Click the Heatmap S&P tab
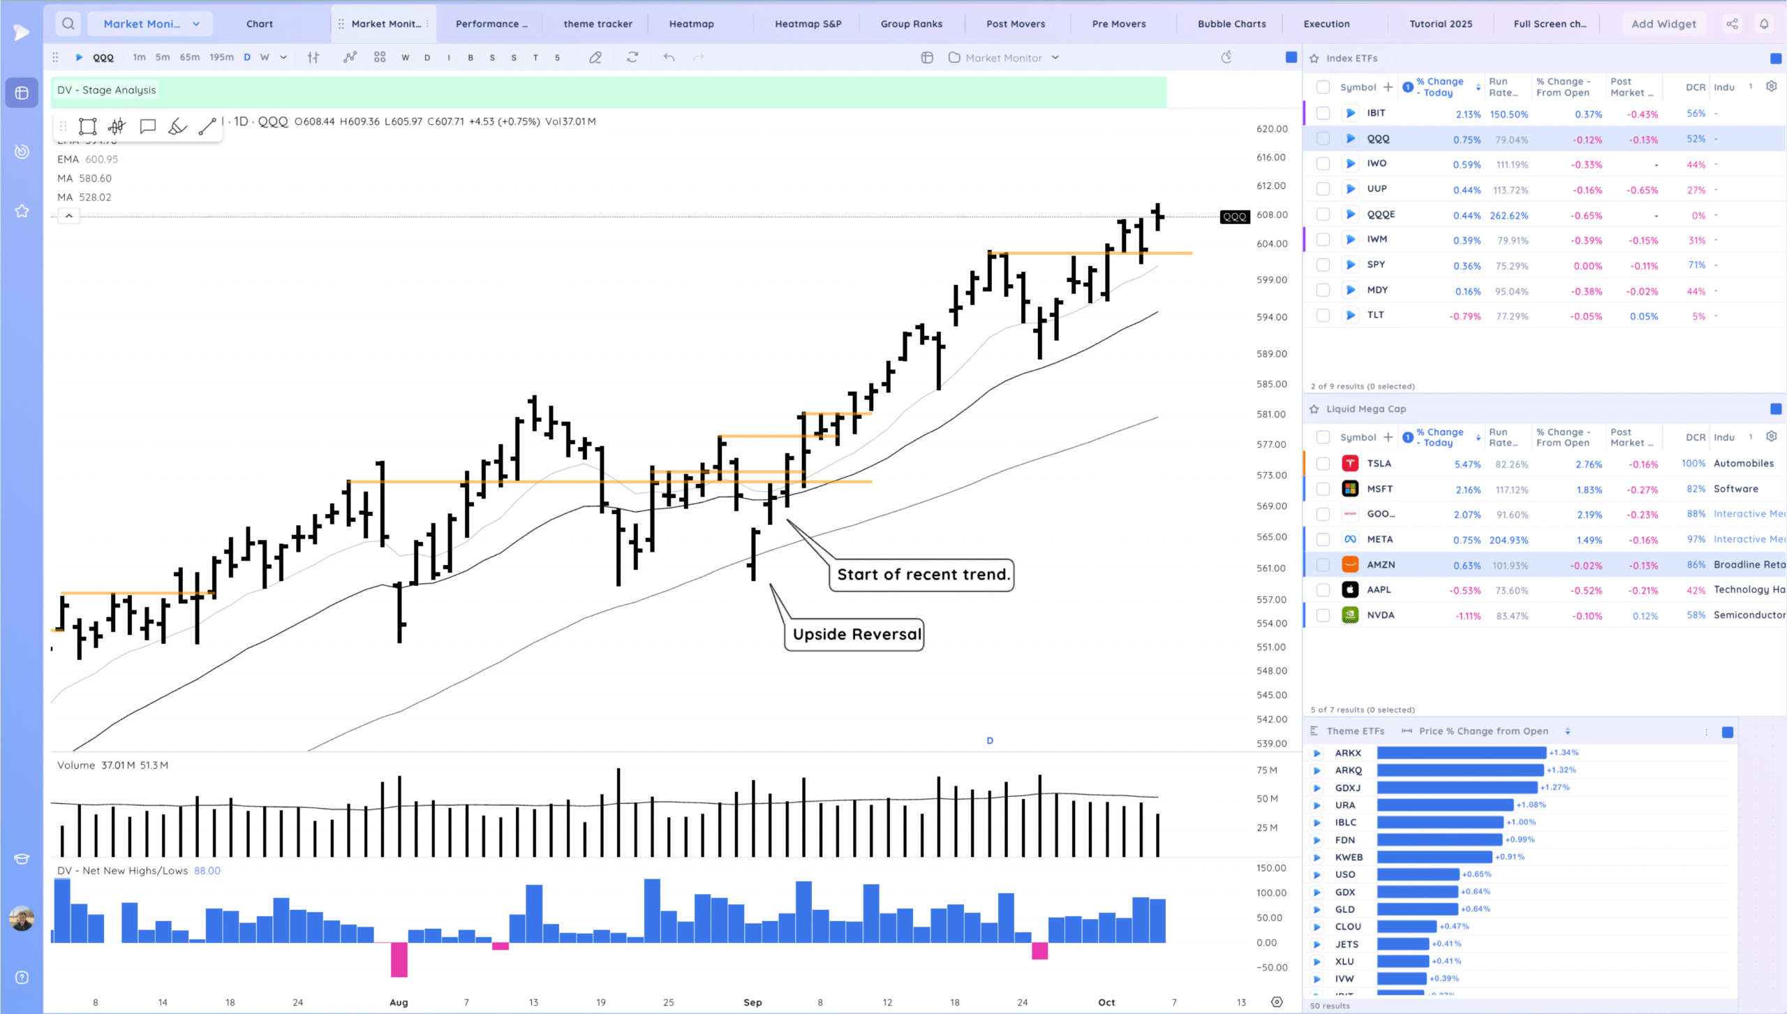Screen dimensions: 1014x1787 (x=808, y=24)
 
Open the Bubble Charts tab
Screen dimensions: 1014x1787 (x=1231, y=24)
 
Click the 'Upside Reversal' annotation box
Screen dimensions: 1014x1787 (x=857, y=634)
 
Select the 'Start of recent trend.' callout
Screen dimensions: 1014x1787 (x=922, y=575)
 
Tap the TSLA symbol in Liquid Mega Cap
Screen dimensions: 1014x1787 (x=1379, y=464)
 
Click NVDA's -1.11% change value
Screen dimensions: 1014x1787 (x=1467, y=616)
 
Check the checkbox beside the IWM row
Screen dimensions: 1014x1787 (x=1323, y=240)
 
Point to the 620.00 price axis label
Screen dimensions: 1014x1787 (x=1272, y=129)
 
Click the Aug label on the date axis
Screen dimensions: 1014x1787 (x=399, y=1002)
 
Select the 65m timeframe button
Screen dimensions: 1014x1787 (x=189, y=57)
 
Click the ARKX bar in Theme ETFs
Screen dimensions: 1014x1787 (x=1461, y=753)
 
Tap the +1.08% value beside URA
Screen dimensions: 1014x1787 (x=1531, y=804)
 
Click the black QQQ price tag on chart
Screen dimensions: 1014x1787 (x=1234, y=216)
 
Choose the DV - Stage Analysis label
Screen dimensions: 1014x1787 (x=106, y=90)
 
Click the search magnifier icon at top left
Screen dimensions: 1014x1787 (x=68, y=24)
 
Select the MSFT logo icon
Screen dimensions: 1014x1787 (x=1350, y=489)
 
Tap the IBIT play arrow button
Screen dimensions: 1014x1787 (x=1350, y=113)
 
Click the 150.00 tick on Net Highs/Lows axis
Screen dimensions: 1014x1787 (x=1270, y=868)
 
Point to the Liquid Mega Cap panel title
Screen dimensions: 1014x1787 (x=1365, y=409)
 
